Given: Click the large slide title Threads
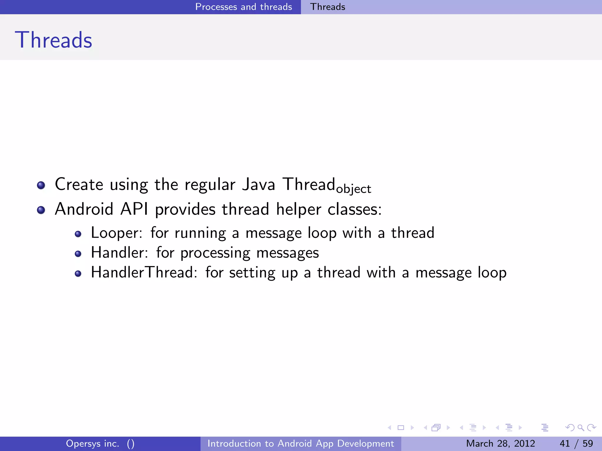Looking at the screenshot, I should [53, 40].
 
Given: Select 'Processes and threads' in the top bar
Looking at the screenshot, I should [243, 7].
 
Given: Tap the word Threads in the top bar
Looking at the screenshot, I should [327, 7].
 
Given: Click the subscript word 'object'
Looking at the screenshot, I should [354, 189].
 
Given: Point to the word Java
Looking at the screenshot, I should [258, 185].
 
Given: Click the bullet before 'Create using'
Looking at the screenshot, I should [41, 185].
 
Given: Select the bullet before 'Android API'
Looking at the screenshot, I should [41, 210].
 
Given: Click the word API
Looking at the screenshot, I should [134, 209].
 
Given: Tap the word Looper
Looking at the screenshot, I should [116, 233].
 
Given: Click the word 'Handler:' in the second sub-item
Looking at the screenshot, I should [119, 253].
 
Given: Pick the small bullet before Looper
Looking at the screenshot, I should [78, 234].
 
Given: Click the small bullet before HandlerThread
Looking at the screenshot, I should [78, 274].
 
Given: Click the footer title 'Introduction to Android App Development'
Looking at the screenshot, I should [300, 443].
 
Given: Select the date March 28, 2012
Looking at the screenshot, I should [500, 443].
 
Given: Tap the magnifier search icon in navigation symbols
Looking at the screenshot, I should [581, 428].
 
